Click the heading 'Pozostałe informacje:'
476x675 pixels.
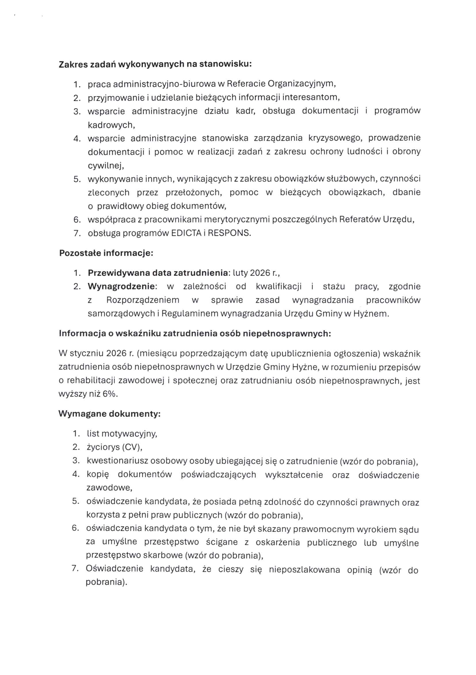click(x=106, y=253)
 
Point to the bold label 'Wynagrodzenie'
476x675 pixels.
click(x=121, y=286)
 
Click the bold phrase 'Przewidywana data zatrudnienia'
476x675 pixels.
click(x=158, y=273)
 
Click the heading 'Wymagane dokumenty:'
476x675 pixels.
click(x=109, y=414)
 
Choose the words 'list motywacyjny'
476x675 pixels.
click(x=122, y=434)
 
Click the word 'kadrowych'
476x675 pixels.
click(x=110, y=125)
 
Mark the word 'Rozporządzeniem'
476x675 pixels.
click(x=143, y=300)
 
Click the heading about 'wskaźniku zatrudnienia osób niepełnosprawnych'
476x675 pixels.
click(x=195, y=334)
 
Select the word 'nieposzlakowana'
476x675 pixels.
click(x=304, y=570)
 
